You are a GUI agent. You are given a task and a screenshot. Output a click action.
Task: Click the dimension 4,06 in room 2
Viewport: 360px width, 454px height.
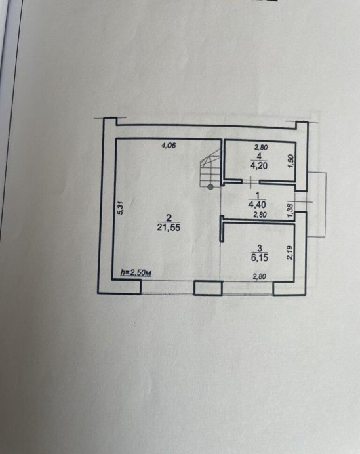168,146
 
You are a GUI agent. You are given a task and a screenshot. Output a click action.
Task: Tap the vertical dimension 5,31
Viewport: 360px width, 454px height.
121,208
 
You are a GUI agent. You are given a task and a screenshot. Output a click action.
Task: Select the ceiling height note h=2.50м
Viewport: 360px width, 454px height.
136,273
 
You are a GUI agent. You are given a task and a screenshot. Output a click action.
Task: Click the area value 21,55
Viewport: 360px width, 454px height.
169,228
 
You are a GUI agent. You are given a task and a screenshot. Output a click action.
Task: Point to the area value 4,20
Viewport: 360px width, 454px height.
258,165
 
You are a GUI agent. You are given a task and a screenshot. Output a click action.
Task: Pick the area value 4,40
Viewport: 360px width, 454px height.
257,205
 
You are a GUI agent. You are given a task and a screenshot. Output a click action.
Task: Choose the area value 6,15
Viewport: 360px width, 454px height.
260,257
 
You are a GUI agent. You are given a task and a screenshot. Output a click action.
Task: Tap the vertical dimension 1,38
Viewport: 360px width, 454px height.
291,207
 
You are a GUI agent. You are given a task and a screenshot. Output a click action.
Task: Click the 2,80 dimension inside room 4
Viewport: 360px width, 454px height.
261,147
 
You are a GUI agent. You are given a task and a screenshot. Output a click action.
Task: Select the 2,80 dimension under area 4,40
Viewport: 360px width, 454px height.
260,215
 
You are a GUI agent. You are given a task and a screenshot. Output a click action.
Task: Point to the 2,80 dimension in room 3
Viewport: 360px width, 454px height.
259,276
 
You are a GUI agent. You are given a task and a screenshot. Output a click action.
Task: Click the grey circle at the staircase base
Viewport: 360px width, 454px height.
211,187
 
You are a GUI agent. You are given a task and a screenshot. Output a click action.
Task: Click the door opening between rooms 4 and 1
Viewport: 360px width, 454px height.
251,182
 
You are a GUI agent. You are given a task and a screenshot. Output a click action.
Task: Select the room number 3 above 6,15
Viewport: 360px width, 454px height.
260,248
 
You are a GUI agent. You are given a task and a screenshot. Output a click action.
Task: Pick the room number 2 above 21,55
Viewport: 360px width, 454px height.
169,218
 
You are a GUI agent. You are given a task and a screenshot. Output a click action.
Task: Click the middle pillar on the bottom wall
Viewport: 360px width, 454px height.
208,288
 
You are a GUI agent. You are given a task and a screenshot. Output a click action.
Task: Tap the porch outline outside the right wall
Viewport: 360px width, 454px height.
326,205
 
